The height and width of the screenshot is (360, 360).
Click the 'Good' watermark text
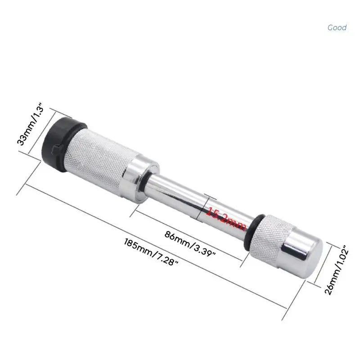337,27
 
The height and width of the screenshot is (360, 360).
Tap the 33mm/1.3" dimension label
30,124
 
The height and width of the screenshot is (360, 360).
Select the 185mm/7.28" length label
151,252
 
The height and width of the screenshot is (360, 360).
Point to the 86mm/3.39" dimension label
190,243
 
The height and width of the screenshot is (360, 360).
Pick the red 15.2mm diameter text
226,218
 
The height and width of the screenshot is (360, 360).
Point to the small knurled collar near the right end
270,239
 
